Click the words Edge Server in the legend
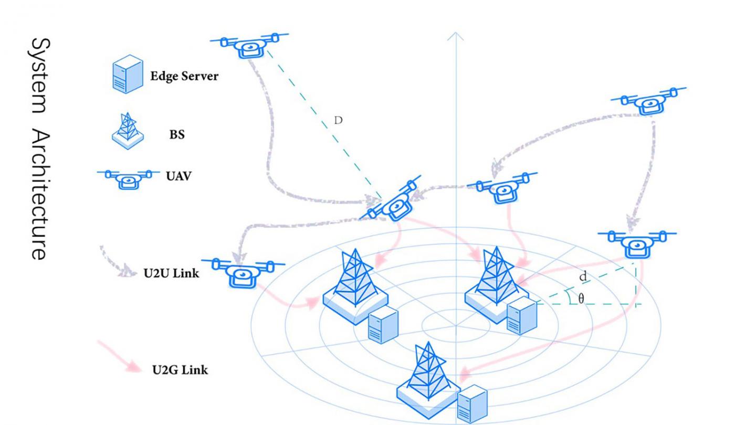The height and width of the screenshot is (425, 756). pyautogui.click(x=184, y=77)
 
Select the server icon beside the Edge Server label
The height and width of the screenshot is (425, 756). pyautogui.click(x=127, y=75)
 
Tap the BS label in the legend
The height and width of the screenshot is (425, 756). pyautogui.click(x=177, y=134)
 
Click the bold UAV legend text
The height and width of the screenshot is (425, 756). pyautogui.click(x=179, y=176)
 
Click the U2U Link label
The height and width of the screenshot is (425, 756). pyautogui.click(x=171, y=273)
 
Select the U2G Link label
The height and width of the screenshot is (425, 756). pyautogui.click(x=180, y=370)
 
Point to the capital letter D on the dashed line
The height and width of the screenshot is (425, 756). pyautogui.click(x=339, y=120)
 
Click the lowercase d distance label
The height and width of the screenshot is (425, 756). pyautogui.click(x=583, y=276)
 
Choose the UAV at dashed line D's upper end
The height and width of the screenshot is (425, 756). pyautogui.click(x=249, y=46)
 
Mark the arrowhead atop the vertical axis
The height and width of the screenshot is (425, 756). pyautogui.click(x=455, y=36)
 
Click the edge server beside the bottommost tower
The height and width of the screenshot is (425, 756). pyautogui.click(x=471, y=404)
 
